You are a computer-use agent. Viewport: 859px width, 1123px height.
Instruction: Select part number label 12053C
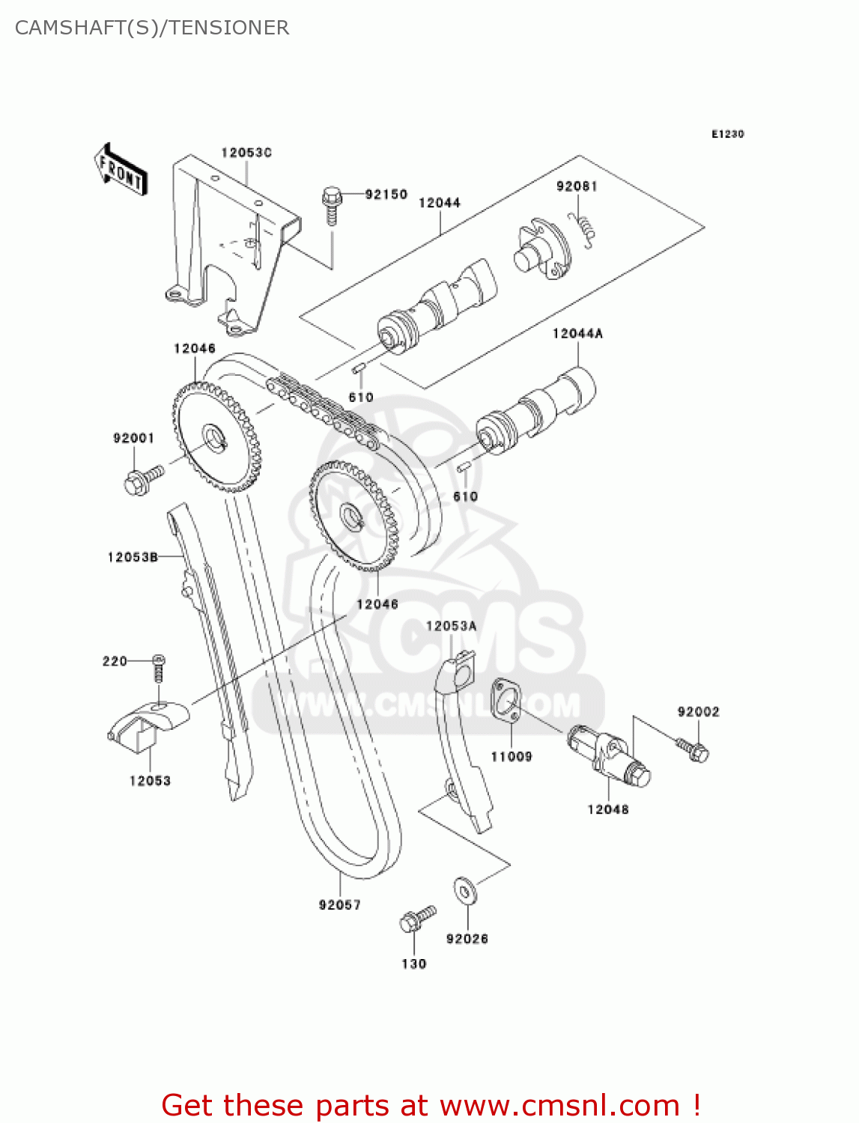pos(246,153)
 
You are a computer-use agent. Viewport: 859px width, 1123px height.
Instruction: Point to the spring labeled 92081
pos(583,227)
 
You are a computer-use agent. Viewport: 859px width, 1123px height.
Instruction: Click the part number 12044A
pos(577,334)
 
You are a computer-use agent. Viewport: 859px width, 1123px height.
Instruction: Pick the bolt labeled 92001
pos(142,480)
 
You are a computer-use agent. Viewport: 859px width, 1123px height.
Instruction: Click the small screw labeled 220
pos(158,667)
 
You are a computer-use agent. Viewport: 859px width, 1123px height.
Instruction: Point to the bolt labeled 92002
pos(692,749)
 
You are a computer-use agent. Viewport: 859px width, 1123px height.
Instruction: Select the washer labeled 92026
pos(465,892)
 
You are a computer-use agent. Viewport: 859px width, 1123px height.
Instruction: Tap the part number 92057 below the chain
pos(339,905)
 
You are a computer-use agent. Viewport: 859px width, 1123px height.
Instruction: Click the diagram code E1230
pos(727,134)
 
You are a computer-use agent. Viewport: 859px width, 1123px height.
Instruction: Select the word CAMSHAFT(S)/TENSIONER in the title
pos(152,28)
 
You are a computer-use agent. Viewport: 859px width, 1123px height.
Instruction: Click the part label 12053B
pos(133,557)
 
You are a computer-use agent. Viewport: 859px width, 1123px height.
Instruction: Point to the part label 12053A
pos(451,626)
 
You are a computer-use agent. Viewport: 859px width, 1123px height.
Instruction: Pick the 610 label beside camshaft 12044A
pos(465,496)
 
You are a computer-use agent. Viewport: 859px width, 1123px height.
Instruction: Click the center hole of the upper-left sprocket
pos(216,436)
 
